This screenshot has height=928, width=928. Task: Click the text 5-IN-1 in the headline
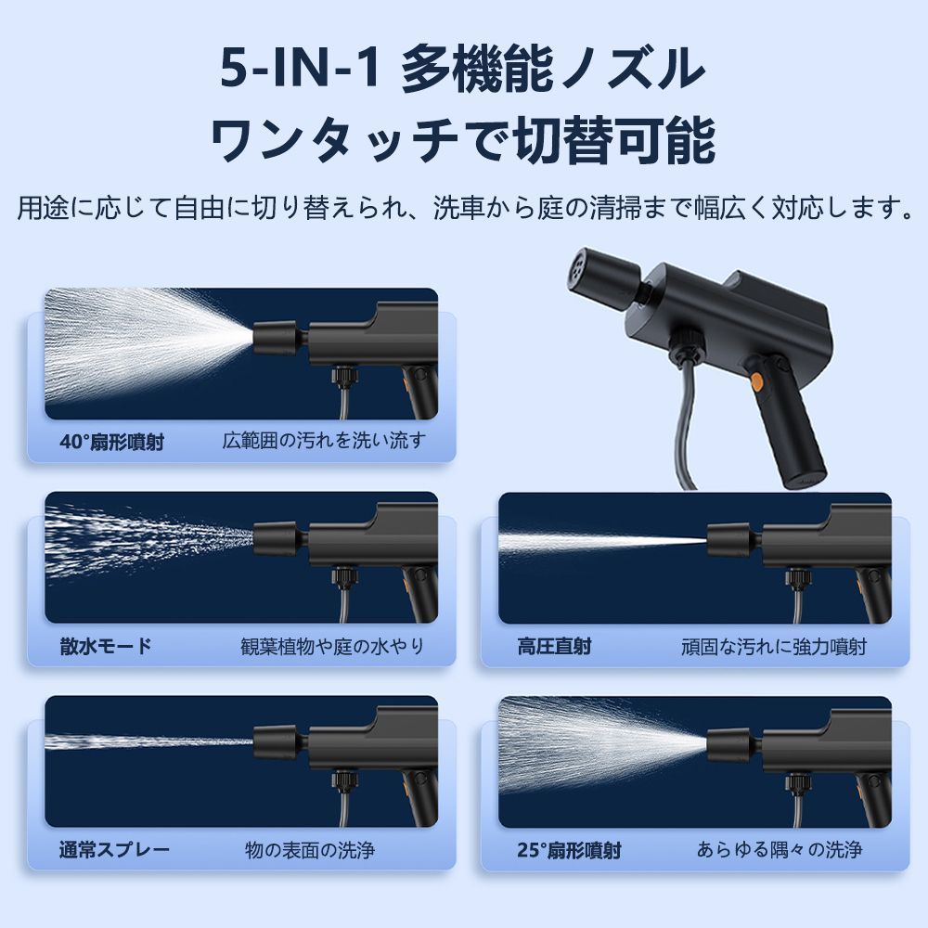coord(300,69)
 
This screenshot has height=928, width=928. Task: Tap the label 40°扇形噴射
coord(112,442)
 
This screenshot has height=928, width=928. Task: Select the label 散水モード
coord(106,646)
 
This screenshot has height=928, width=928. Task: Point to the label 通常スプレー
coord(114,850)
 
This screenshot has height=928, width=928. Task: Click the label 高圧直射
coord(555,646)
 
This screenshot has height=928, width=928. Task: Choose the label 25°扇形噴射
coord(570,850)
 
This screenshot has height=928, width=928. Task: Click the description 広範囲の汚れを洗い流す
coord(324,441)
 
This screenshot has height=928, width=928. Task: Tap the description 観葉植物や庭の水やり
coord(332,646)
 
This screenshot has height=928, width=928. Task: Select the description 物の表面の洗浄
coord(310,850)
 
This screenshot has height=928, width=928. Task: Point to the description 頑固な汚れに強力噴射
coord(774,646)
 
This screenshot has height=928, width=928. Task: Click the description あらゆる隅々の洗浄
coord(780,850)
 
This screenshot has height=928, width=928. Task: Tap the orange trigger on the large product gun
coord(755,382)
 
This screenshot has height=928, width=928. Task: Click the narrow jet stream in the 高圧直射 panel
coord(602,541)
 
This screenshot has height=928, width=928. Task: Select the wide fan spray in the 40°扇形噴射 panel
coord(148,346)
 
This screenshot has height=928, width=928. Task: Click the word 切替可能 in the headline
coord(614,141)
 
